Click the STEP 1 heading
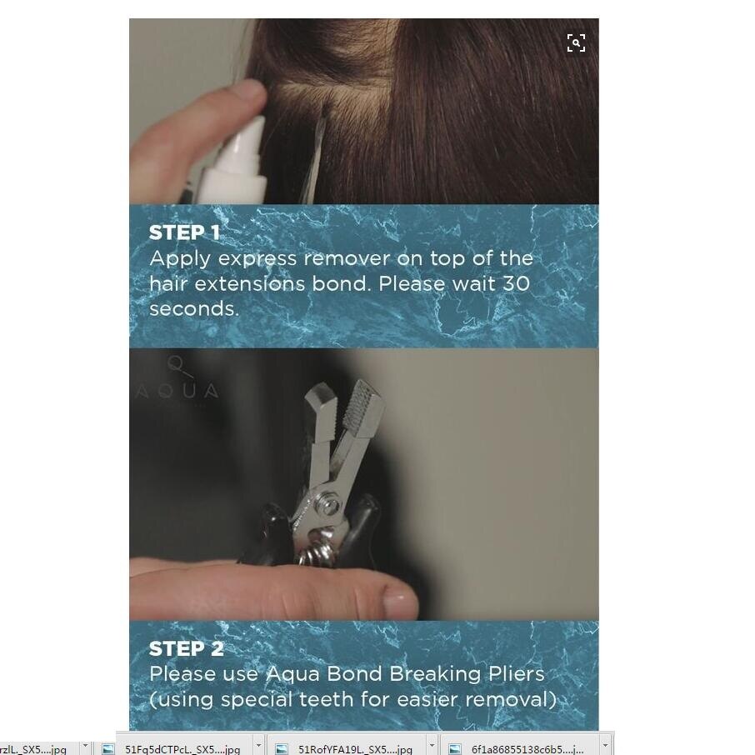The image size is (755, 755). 184,232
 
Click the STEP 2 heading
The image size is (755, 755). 187,648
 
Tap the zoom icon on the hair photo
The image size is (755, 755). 576,42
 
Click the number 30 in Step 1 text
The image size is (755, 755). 516,283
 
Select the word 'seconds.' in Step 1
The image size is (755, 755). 194,308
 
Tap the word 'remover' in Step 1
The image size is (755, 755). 347,259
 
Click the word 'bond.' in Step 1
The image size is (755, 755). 342,283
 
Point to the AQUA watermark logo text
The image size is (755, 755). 177,392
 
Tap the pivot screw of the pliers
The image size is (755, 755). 330,506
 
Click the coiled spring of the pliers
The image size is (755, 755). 315,552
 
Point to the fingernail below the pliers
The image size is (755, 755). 400,601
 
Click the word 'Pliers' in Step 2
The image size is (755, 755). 516,674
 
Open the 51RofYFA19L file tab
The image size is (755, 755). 354,748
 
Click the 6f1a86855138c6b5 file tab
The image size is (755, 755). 527,748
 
